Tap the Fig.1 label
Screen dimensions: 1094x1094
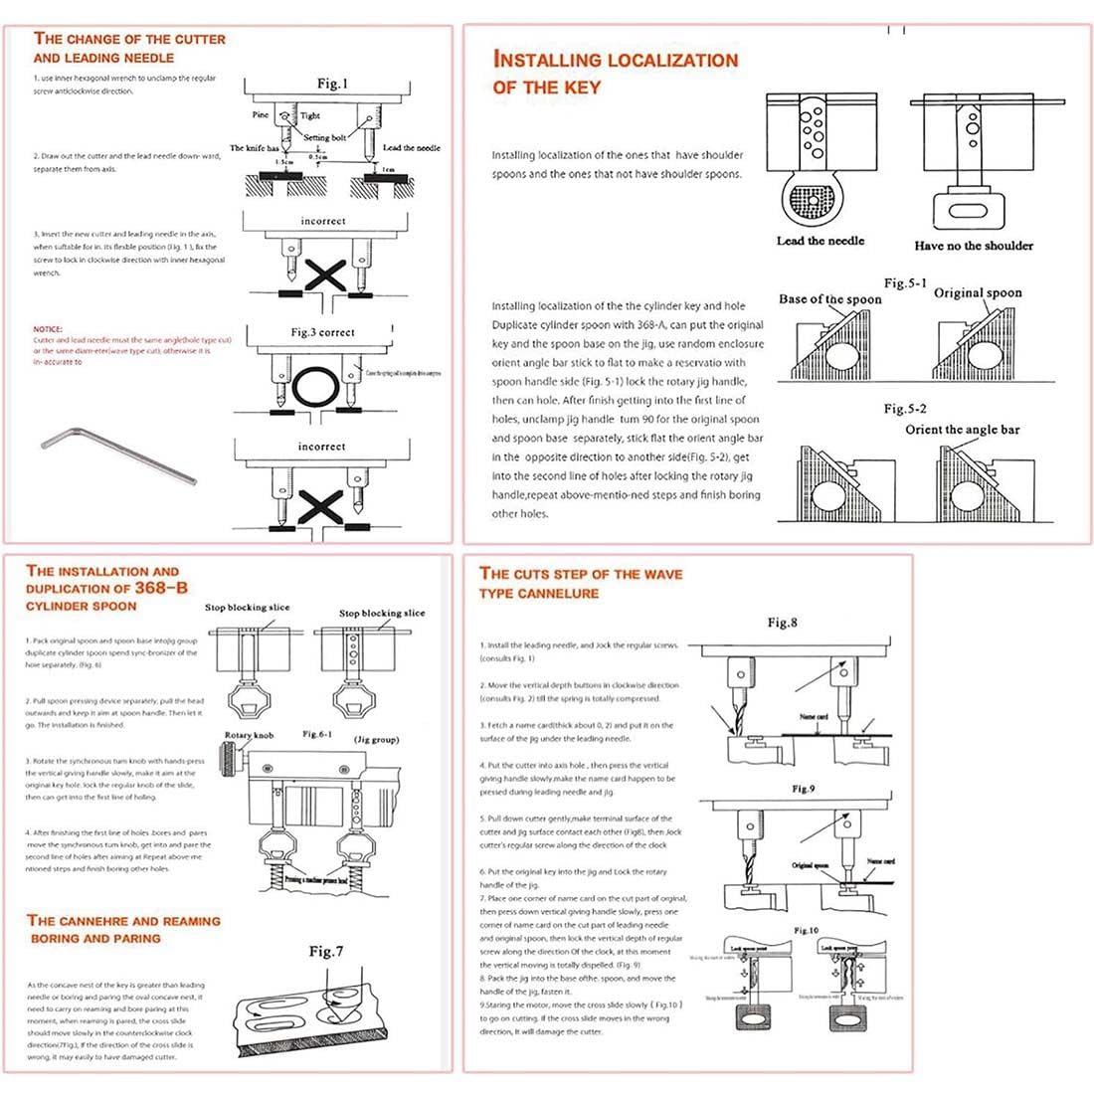(x=332, y=85)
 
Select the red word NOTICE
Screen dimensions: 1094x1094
(x=47, y=329)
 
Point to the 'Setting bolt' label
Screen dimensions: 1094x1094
(x=324, y=138)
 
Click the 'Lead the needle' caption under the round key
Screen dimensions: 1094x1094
(x=820, y=241)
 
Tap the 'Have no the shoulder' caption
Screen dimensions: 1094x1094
(x=973, y=246)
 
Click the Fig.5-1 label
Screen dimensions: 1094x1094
(x=905, y=283)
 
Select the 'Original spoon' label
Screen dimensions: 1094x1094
(x=977, y=293)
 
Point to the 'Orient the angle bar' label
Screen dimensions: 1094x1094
(x=962, y=430)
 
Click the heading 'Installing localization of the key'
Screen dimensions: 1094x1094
(x=615, y=73)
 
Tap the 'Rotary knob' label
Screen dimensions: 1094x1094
(x=249, y=735)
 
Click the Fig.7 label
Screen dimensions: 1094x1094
(x=325, y=952)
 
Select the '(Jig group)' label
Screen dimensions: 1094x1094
(x=378, y=740)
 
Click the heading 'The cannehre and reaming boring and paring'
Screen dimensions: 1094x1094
(x=123, y=929)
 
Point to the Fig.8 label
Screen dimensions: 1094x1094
(x=782, y=623)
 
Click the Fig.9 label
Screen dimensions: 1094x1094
(x=804, y=789)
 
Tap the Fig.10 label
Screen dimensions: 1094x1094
(x=806, y=930)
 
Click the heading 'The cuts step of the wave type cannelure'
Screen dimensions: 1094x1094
(x=581, y=583)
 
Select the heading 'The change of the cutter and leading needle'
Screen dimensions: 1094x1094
(x=129, y=48)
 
